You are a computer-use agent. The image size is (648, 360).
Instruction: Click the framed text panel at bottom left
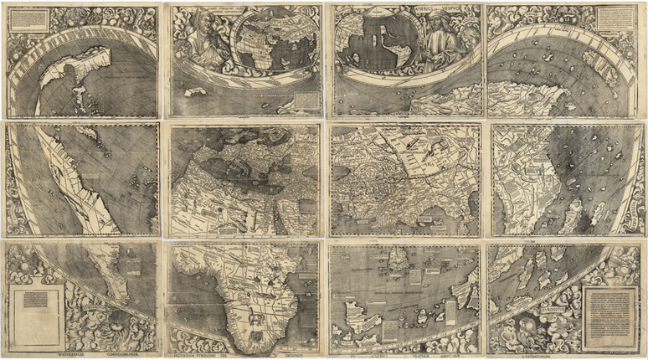coord(34,317)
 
